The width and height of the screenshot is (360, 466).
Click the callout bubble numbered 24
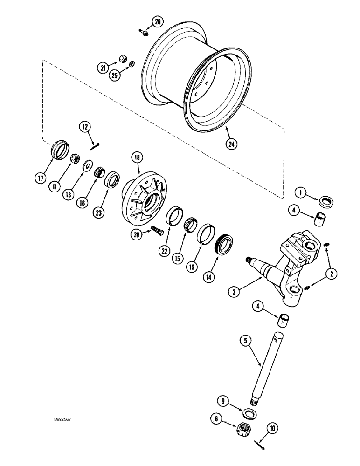(230, 143)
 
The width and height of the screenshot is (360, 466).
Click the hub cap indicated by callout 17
(59, 149)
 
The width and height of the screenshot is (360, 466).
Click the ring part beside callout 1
(326, 202)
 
